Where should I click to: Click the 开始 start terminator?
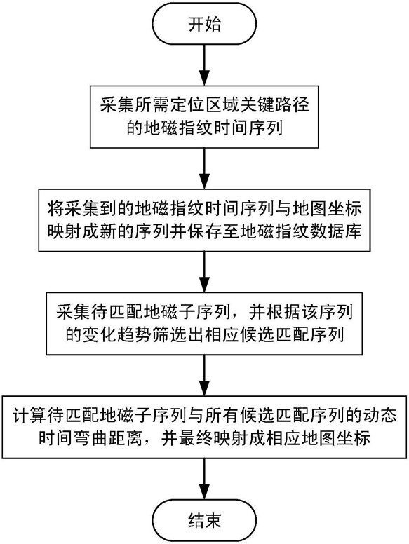(204, 25)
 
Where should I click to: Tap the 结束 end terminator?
(204, 520)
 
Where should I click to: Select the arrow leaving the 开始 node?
(204, 64)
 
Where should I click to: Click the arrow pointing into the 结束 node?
(204, 479)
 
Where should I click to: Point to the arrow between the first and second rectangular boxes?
(204, 168)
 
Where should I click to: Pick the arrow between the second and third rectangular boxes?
(204, 271)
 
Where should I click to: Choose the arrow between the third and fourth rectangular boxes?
(204, 374)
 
